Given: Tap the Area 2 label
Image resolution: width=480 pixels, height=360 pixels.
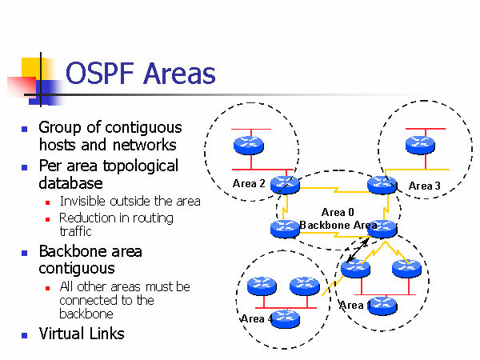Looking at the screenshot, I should tap(249, 184).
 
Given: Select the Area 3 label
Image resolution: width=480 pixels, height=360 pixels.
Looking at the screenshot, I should tap(424, 186).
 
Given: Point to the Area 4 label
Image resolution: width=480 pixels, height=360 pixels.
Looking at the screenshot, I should tap(256, 319).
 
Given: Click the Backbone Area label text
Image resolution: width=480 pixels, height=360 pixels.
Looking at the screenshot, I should tap(338, 226).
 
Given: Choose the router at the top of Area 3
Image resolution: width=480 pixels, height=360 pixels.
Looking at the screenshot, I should tap(421, 145).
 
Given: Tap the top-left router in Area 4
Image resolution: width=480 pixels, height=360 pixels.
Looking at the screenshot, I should tap(261, 285).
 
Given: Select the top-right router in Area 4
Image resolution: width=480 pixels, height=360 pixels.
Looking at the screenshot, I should tap(304, 285).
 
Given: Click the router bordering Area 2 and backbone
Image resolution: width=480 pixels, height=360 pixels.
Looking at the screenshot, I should tap(285, 186).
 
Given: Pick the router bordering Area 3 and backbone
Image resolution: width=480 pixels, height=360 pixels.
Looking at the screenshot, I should tap(382, 186).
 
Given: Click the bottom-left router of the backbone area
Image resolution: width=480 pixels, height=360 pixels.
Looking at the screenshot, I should tap(284, 229).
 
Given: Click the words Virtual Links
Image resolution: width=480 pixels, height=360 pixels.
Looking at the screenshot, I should tap(82, 334).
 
